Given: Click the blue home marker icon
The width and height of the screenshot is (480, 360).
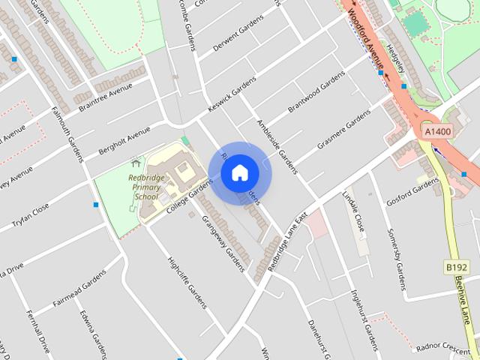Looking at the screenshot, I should click(x=239, y=172).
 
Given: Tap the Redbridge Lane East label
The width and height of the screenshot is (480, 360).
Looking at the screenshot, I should click(x=288, y=239).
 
